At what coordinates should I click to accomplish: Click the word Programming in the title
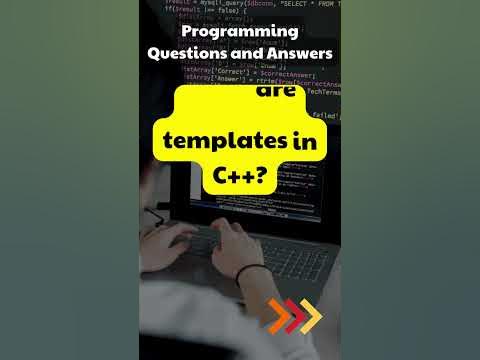pos(240,32)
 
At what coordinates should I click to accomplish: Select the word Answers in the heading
pos(297,55)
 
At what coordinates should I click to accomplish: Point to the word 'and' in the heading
pos(243,55)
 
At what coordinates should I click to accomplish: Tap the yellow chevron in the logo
pos(311,316)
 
